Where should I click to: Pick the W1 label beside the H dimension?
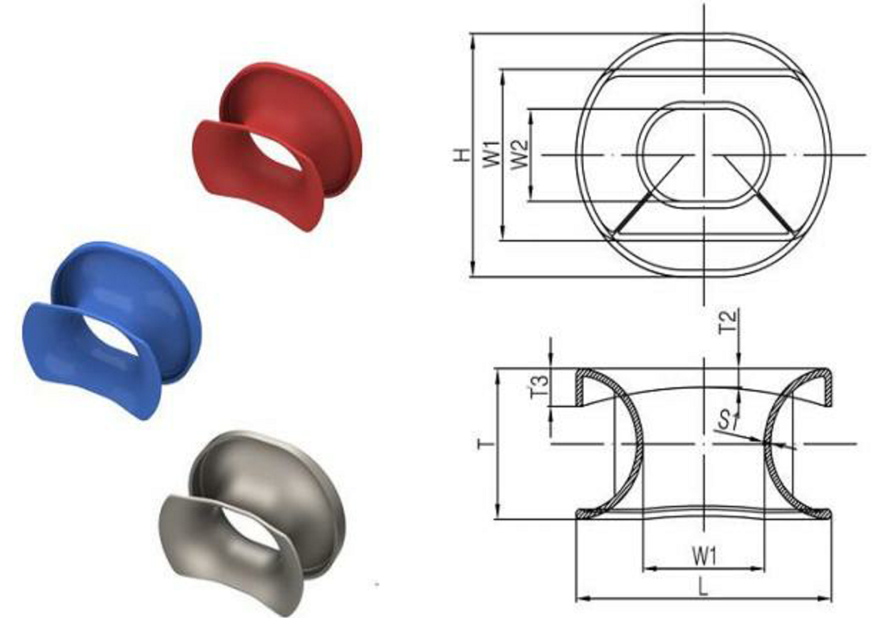[491, 154]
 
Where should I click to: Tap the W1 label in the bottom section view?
[704, 554]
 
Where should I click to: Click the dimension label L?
[703, 587]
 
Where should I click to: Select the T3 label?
[541, 387]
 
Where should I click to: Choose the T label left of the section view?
[482, 444]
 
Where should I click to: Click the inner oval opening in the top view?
[704, 154]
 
